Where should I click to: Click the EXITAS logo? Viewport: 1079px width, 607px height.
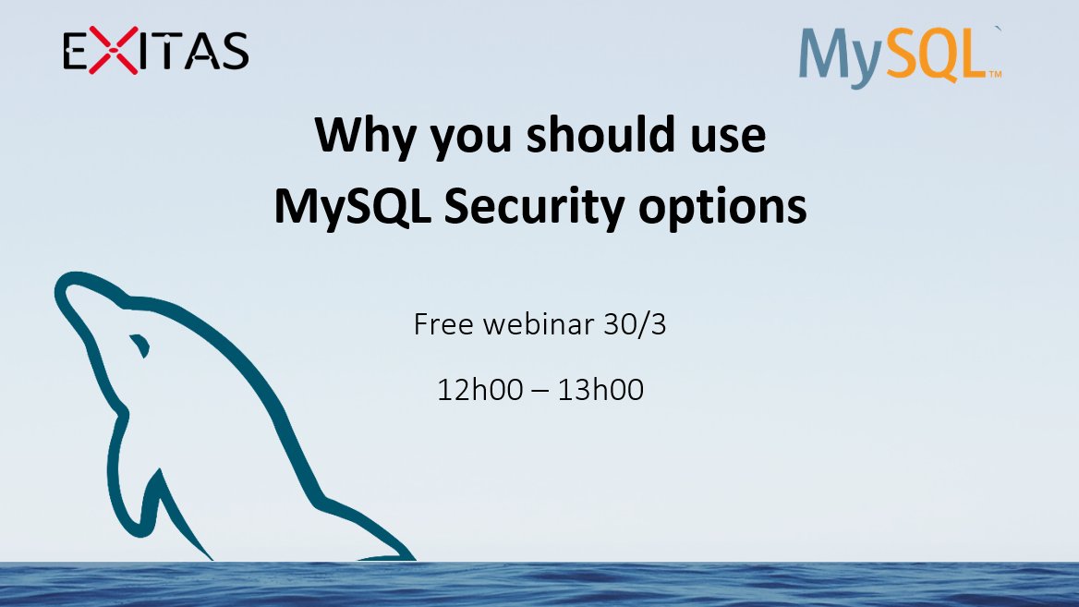(x=155, y=51)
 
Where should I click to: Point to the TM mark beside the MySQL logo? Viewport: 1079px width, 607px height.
(x=995, y=74)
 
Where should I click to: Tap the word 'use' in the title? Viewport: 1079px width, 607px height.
(x=728, y=137)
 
